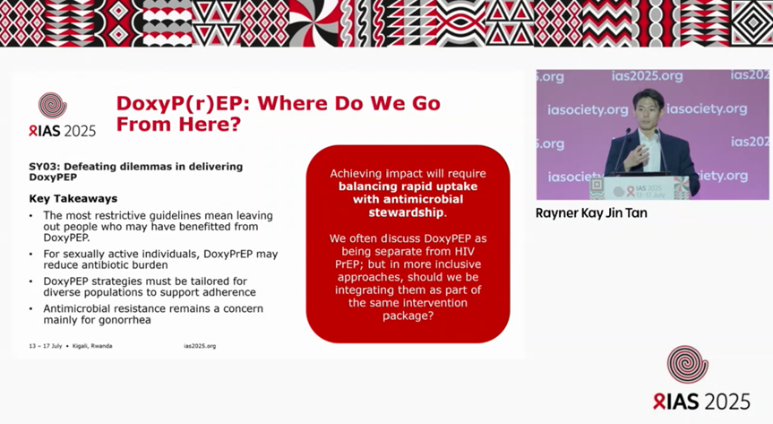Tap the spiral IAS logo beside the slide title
(53, 106)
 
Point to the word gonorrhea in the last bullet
(129, 320)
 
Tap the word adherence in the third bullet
(227, 292)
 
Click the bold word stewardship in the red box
(408, 213)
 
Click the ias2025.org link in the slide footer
(200, 346)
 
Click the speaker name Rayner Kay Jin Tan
(592, 213)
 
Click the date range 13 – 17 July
(45, 346)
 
